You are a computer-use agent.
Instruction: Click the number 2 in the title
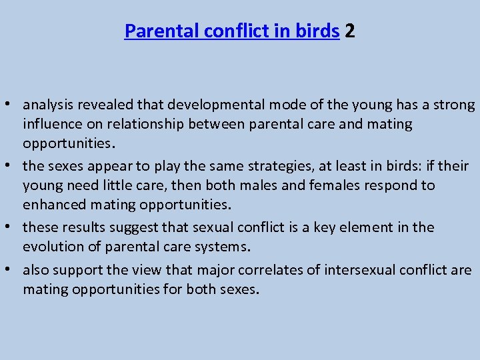pos(350,31)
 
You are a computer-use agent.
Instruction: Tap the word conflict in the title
pos(221,31)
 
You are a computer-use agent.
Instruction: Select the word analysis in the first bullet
pos(48,105)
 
